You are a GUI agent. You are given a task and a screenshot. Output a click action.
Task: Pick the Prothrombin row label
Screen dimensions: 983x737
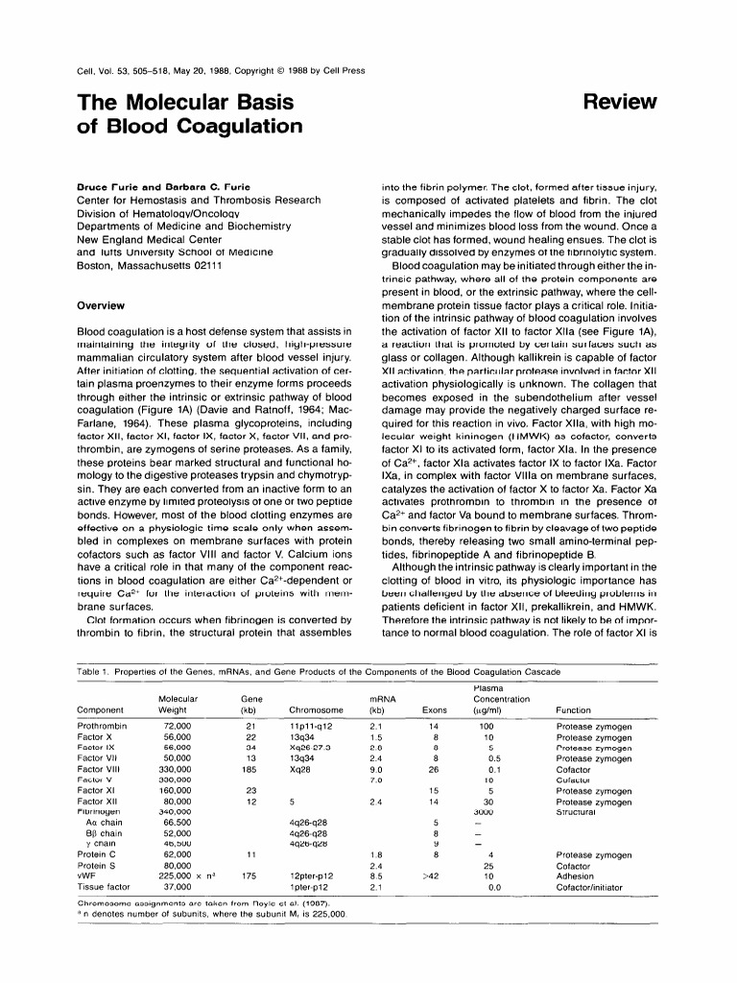102,727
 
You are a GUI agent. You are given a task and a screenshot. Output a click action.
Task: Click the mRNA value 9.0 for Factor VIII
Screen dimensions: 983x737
377,769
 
